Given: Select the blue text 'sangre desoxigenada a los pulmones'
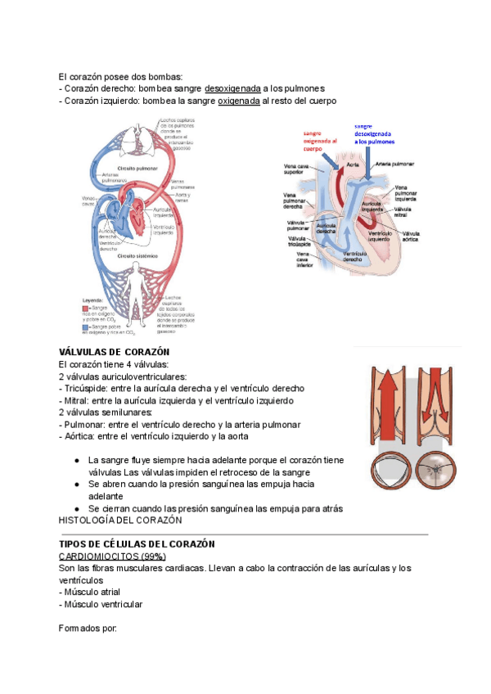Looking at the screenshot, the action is click(x=374, y=133).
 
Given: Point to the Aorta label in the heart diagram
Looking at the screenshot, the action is click(x=353, y=164).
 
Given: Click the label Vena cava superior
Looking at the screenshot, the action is click(x=297, y=169).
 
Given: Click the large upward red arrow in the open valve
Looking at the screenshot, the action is click(x=388, y=409).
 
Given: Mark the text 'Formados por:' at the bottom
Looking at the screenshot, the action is click(x=88, y=629).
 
